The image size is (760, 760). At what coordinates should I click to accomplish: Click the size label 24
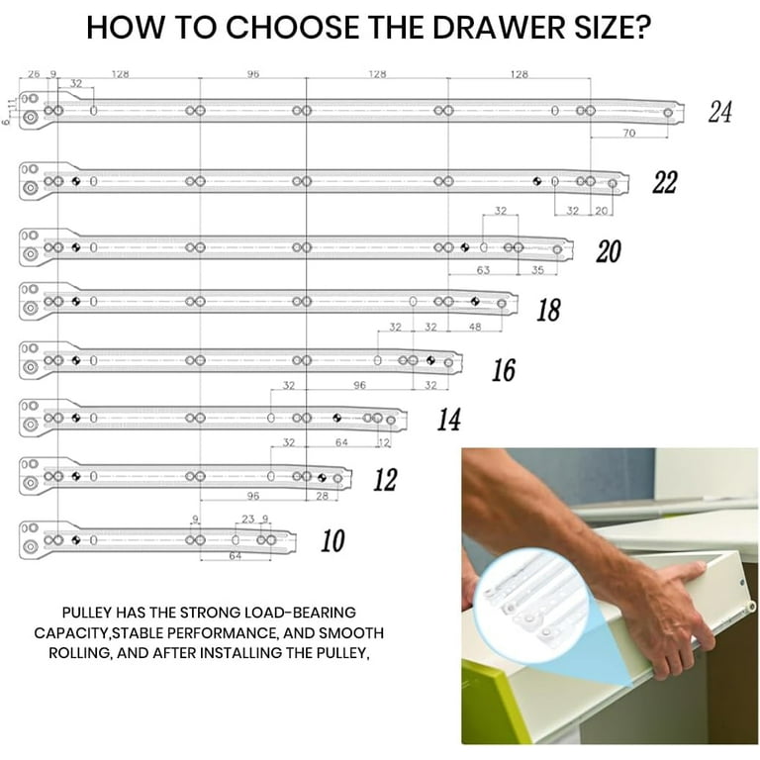coord(719,113)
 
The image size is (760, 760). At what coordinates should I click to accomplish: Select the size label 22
coord(664,183)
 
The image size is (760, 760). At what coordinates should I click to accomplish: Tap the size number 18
coord(547,311)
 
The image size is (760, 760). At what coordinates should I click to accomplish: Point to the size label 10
coord(332,541)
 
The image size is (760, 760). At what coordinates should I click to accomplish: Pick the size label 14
coord(448,421)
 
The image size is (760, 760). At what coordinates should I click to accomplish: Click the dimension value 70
coord(628,132)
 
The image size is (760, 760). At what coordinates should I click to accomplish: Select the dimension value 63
coord(483,268)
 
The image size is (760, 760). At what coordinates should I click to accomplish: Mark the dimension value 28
coord(322,496)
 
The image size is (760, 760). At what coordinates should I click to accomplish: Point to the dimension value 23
coord(247,519)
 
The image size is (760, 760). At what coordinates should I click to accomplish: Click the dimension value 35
coord(536,268)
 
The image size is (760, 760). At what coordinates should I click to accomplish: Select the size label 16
coord(504,370)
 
